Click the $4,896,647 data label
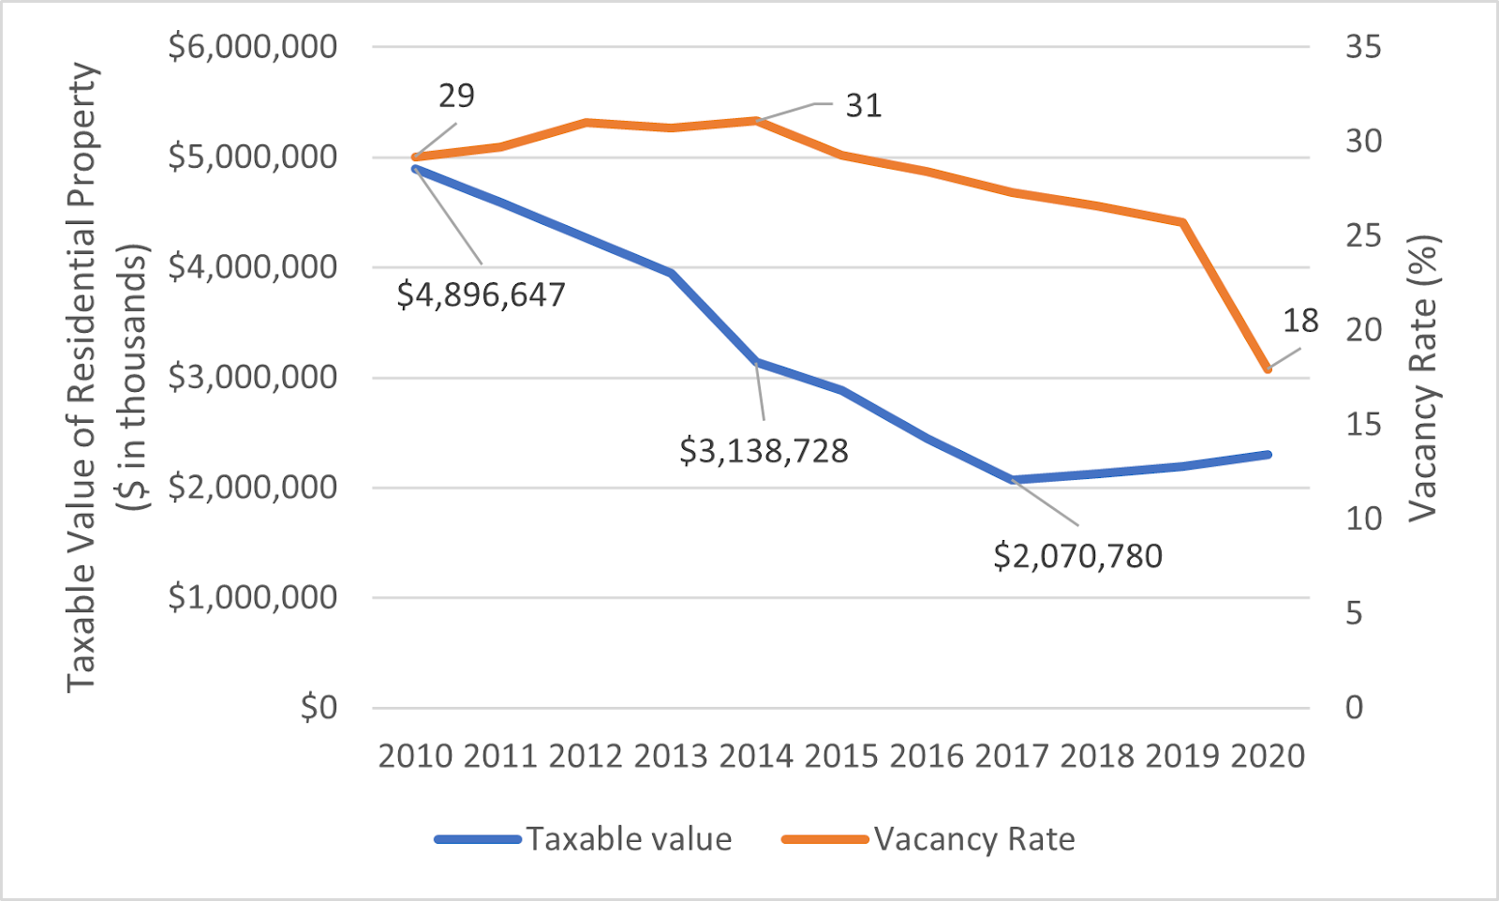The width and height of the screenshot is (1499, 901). pyautogui.click(x=481, y=295)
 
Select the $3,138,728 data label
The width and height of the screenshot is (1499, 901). pyautogui.click(x=764, y=451)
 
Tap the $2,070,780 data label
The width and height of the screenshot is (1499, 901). pyautogui.click(x=1077, y=556)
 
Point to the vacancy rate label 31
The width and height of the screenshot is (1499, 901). pyautogui.click(x=863, y=106)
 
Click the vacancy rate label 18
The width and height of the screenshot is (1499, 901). pyautogui.click(x=1300, y=322)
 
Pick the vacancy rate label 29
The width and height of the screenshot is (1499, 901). pyautogui.click(x=456, y=96)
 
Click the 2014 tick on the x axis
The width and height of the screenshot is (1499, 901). pyautogui.click(x=756, y=756)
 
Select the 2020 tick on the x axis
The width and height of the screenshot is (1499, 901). pyautogui.click(x=1268, y=756)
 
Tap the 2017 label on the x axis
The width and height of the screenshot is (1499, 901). pyautogui.click(x=1012, y=756)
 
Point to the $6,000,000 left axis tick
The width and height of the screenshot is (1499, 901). pyautogui.click(x=252, y=46)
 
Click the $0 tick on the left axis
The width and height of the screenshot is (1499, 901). pyautogui.click(x=319, y=707)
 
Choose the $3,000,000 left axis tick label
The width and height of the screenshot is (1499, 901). pyautogui.click(x=252, y=377)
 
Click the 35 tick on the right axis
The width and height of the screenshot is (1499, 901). pyautogui.click(x=1363, y=46)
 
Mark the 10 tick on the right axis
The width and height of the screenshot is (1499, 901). pyautogui.click(x=1363, y=518)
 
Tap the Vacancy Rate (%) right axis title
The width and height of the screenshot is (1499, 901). pyautogui.click(x=1423, y=377)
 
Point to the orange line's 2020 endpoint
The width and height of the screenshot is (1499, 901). pyautogui.click(x=1268, y=369)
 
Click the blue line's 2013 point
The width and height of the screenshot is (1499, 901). pyautogui.click(x=671, y=273)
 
